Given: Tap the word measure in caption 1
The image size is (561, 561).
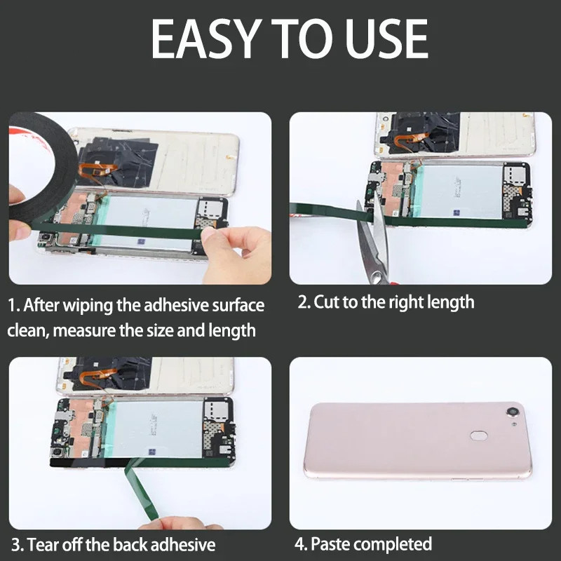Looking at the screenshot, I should (x=85, y=330).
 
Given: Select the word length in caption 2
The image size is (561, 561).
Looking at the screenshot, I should (x=452, y=303).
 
